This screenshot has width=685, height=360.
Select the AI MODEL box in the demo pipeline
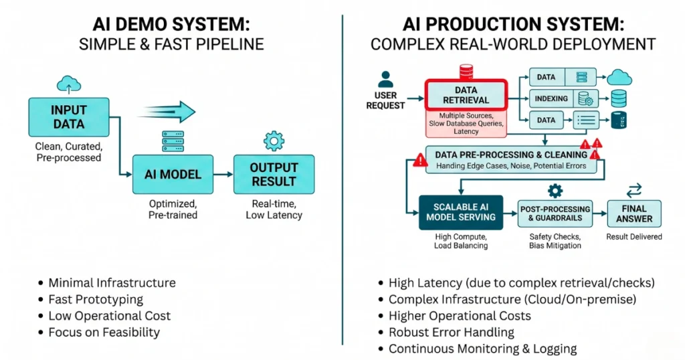click(x=173, y=174)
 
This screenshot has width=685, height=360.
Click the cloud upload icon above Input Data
click(x=68, y=84)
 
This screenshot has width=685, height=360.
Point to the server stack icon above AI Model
click(x=173, y=141)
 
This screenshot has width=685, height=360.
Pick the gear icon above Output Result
click(x=274, y=141)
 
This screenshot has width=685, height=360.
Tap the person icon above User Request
click(x=385, y=80)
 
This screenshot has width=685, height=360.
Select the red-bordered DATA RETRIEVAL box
click(x=466, y=95)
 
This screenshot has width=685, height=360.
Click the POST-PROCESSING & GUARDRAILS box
click(x=555, y=213)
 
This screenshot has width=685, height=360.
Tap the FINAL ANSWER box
click(x=634, y=213)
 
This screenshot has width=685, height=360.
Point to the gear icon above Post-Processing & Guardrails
click(x=555, y=191)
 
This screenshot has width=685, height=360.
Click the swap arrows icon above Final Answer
click(x=633, y=191)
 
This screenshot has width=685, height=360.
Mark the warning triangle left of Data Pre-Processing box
click(x=420, y=159)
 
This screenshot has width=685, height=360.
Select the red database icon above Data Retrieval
click(x=466, y=71)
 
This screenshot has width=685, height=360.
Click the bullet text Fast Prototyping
click(x=96, y=299)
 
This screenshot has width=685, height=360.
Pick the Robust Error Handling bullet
click(x=452, y=332)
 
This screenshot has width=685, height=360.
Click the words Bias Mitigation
click(x=555, y=246)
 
